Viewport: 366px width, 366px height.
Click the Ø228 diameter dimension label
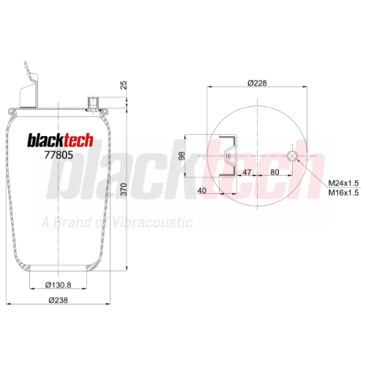(257, 83)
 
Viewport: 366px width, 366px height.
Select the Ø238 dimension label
(58, 300)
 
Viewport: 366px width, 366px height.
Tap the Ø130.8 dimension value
(58, 285)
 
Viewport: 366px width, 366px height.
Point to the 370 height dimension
(124, 189)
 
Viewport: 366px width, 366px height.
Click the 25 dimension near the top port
(124, 85)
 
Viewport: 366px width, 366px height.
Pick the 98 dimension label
(182, 156)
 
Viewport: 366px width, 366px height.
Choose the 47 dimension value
(247, 172)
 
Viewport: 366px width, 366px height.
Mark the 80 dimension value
(274, 172)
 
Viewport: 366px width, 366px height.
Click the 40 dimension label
(202, 190)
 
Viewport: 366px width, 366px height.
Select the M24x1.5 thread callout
(343, 183)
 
